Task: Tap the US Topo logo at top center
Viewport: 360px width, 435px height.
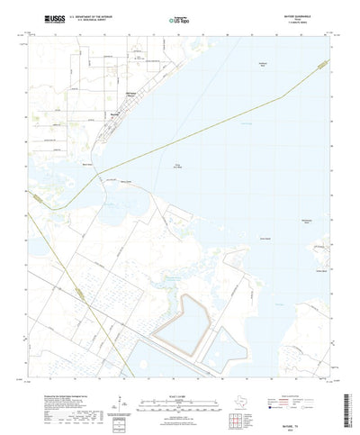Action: click(x=180, y=19)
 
